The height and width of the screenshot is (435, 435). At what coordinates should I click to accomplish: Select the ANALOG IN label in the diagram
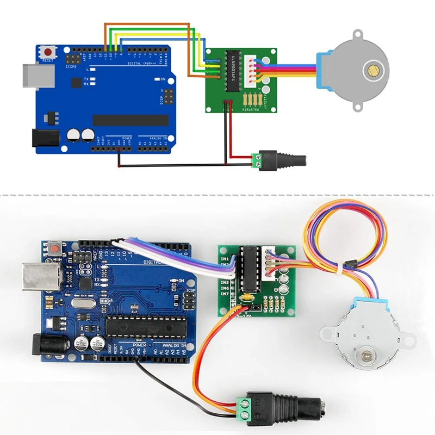pyautogui.click(x=157, y=138)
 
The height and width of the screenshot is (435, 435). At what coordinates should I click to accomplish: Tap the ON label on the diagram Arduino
pyautogui.click(x=163, y=79)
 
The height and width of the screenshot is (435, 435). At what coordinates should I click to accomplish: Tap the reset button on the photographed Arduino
pyautogui.click(x=55, y=249)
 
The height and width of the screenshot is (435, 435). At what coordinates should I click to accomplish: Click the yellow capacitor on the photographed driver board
pyautogui.click(x=248, y=298)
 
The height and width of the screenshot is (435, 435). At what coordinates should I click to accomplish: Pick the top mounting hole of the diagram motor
pyautogui.click(x=357, y=35)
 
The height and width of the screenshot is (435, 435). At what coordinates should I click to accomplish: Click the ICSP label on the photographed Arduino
pyautogui.click(x=190, y=291)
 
